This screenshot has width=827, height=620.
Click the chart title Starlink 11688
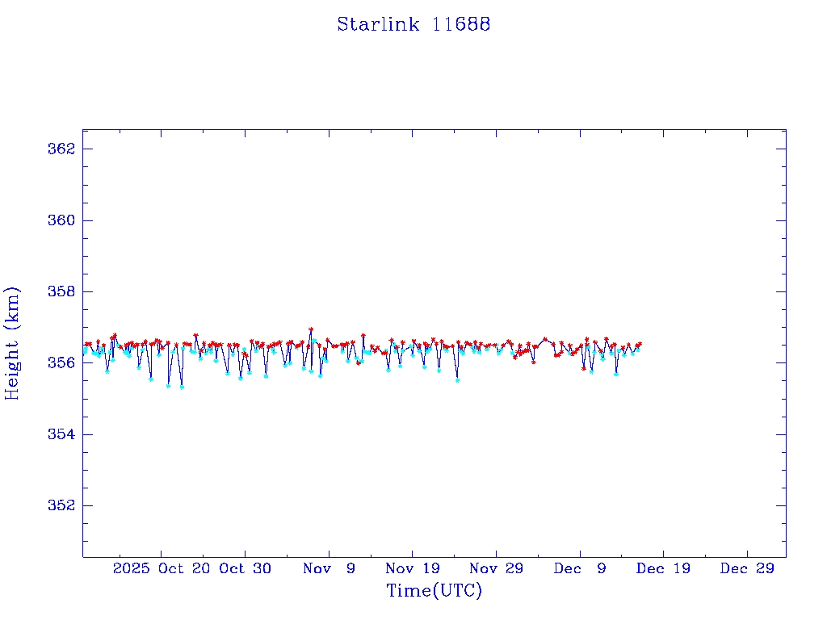pos(413,24)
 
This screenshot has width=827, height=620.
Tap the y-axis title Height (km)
pos(12,343)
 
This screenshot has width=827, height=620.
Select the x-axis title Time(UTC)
pos(434,591)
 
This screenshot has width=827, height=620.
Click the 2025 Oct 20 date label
pos(162,568)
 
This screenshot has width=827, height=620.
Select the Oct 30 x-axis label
pos(246,568)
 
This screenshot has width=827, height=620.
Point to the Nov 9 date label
pos(329,568)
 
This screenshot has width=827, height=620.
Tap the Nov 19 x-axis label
pos(412,568)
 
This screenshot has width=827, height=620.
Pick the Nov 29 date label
pos(496,568)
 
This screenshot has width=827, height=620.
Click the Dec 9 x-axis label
pos(580,568)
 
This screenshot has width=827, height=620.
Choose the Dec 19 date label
pos(663,568)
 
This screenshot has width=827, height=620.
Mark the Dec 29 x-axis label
pos(747,568)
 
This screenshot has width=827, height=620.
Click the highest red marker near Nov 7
pos(311,329)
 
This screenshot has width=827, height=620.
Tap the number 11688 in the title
pos(461,24)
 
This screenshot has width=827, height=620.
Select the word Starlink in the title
pos(378,24)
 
